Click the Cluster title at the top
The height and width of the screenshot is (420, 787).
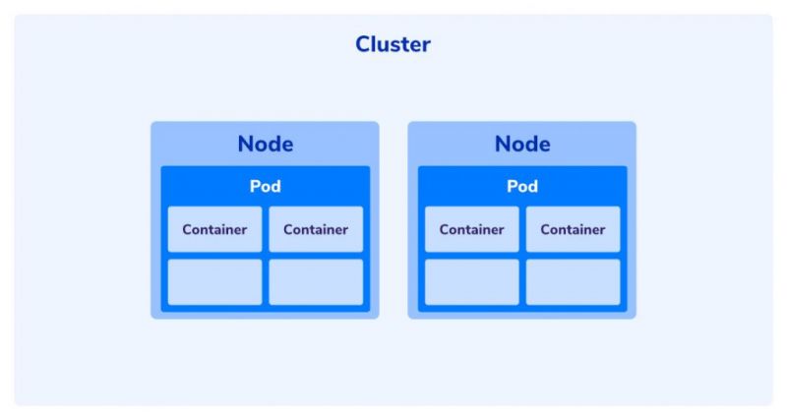(x=393, y=44)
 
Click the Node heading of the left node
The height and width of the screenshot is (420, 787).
(x=265, y=144)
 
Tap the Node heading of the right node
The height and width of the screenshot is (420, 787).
(x=521, y=144)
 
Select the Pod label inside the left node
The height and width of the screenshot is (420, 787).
(x=265, y=187)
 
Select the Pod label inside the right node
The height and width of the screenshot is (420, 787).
(x=521, y=187)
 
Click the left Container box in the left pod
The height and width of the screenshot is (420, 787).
(x=214, y=229)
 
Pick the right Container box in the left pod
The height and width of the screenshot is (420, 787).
(x=316, y=229)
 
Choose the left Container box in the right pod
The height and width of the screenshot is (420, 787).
(x=471, y=229)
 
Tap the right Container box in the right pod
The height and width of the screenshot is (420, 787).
(x=573, y=229)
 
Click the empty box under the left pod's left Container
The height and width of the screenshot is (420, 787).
(x=214, y=282)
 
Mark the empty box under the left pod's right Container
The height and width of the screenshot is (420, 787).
(x=316, y=282)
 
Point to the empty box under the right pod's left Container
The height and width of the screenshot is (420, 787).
(x=471, y=282)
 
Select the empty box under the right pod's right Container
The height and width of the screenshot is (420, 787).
(x=573, y=282)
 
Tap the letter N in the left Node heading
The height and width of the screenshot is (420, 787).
(x=246, y=144)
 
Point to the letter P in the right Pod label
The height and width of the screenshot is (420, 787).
(x=512, y=187)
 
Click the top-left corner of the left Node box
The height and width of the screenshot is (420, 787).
(x=152, y=123)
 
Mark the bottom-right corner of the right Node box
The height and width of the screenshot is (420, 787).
(x=635, y=318)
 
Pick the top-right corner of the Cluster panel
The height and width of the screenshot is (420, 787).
(x=771, y=16)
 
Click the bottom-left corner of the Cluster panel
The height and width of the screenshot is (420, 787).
(x=16, y=404)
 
